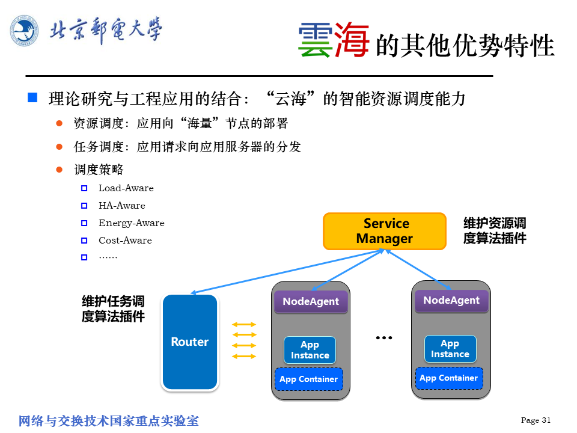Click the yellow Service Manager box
[385, 231]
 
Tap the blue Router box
[190, 342]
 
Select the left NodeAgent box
[311, 301]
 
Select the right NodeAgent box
[451, 301]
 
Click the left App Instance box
[310, 350]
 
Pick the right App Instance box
[450, 349]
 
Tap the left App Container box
[309, 379]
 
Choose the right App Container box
[449, 378]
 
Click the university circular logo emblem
[24, 31]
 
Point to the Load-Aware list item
[126, 188]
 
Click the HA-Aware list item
[122, 206]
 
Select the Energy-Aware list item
[132, 223]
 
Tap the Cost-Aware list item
[125, 241]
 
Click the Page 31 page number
[536, 420]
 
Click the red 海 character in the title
[352, 40]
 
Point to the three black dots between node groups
[384, 337]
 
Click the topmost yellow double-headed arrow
[244, 324]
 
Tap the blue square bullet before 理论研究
[32, 97]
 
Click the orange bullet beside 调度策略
[60, 170]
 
